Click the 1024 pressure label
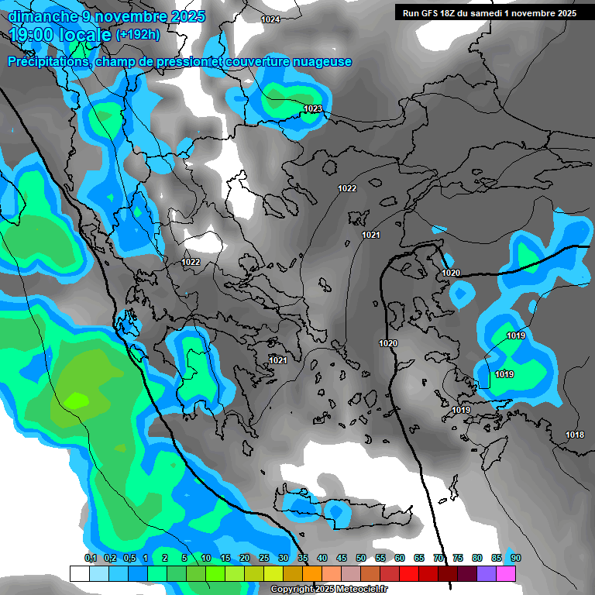click(270, 20)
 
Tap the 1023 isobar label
click(313, 109)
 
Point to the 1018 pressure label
click(575, 435)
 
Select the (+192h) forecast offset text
click(138, 35)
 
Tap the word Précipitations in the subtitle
click(47, 62)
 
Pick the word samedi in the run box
click(497, 13)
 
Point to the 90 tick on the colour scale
click(516, 559)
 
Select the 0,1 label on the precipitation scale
click(90, 559)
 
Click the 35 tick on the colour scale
click(303, 559)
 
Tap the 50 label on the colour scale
click(361, 559)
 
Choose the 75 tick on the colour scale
click(458, 559)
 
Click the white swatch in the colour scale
click(79, 573)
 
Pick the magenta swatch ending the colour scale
click(506, 573)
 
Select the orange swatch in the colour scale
click(312, 573)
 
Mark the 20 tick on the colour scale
click(245, 559)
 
